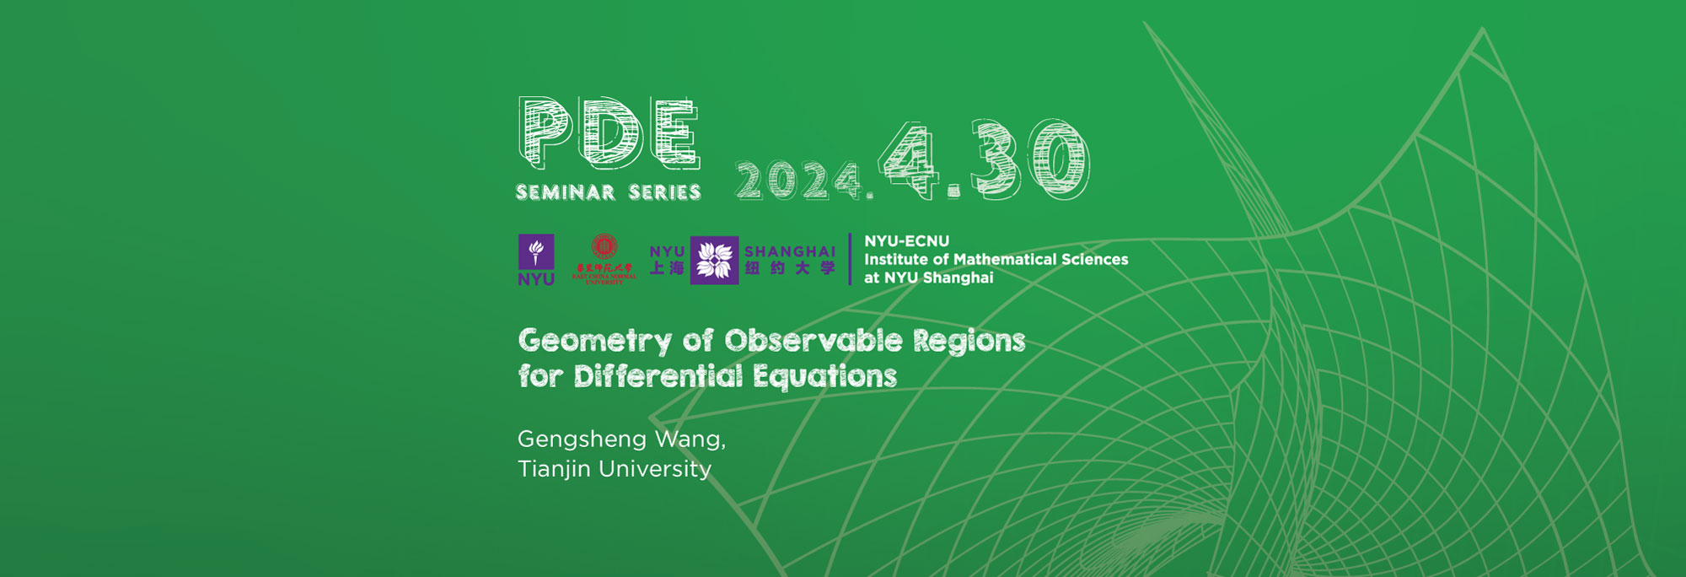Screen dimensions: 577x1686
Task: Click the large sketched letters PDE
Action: tap(609, 133)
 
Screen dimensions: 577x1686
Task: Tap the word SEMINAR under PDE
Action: tap(566, 192)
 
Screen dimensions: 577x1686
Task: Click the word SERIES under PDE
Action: tap(665, 192)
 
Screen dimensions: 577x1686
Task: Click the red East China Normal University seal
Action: tap(604, 247)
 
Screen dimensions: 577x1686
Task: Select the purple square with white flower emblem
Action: tap(714, 260)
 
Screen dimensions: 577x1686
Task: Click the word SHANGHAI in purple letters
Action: tap(790, 251)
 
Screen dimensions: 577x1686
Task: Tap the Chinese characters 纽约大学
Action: tap(790, 268)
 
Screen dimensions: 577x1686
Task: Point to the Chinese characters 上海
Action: tap(667, 268)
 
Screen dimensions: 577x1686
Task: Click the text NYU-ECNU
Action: tap(906, 241)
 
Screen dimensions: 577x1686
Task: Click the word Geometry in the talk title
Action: tap(594, 341)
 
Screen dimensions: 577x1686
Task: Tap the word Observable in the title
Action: tap(813, 340)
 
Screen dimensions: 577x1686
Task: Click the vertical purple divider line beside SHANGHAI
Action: tap(850, 259)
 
